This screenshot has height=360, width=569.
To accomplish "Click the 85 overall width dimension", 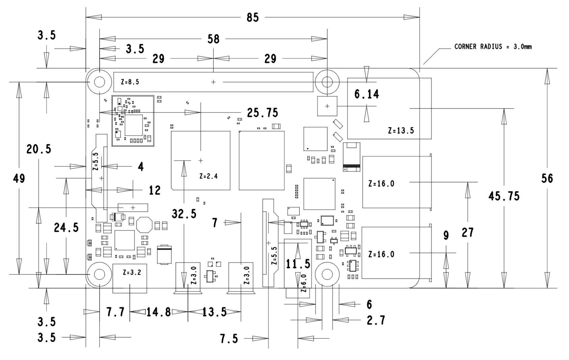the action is [253, 18].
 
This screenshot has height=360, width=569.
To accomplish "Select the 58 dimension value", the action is [214, 39].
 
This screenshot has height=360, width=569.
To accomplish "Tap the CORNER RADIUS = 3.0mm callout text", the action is [493, 47].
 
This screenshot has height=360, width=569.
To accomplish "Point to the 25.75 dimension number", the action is [263, 113].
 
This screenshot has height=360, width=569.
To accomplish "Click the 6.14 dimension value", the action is [367, 94].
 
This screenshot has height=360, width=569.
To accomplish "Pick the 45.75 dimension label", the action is [504, 196].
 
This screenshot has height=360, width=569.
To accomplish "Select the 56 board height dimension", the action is [547, 178].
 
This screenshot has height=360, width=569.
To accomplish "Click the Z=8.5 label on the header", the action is [130, 82].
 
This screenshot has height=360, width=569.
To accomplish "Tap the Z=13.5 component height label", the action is [401, 130].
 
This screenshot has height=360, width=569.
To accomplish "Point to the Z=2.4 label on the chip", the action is [208, 176].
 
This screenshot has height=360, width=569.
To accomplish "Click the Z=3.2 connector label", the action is [132, 272].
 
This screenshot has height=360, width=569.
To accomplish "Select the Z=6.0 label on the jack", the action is [303, 283].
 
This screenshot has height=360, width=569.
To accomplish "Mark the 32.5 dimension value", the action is [184, 214].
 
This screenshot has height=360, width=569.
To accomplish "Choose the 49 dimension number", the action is [19, 178].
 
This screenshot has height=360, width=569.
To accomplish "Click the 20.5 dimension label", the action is [39, 149].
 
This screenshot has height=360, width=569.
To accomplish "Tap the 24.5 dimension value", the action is [66, 227].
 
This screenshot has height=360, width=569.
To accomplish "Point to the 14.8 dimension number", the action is [159, 312].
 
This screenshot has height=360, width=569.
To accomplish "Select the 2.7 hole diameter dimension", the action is [376, 320].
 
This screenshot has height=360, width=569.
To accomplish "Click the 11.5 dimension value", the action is [298, 264].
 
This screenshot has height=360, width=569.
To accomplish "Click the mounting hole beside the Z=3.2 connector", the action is [99, 274].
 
